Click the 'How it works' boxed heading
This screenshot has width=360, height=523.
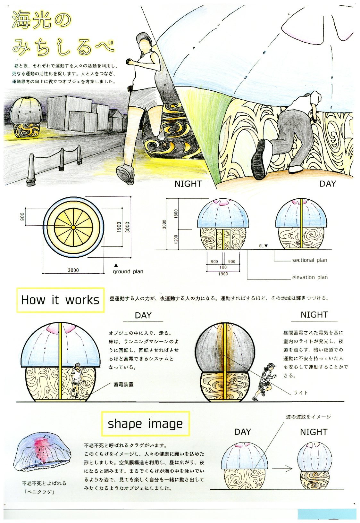60,300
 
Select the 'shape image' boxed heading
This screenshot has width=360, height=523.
145,424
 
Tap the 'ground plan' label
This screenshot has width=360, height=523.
128,271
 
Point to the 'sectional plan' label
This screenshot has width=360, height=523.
310,260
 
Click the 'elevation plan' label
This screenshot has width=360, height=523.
310,278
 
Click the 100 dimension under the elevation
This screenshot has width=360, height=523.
223,267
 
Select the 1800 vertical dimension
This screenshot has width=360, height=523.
176,214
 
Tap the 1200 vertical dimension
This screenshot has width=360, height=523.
176,239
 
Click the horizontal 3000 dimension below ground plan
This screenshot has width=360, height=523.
73,270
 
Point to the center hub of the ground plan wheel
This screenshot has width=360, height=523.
73,227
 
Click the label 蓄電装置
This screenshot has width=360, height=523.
124,385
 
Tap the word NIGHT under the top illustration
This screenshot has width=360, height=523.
188,184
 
